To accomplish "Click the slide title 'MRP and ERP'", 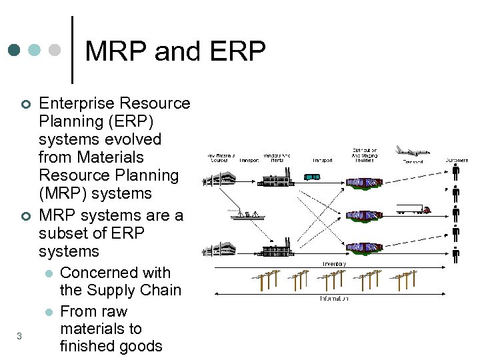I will [x=175, y=51].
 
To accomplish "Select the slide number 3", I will [x=19, y=336].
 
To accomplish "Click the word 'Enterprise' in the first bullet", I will [x=78, y=103].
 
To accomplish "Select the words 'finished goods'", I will [x=111, y=346].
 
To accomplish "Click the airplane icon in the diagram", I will [x=411, y=151].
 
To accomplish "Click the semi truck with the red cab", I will [x=414, y=209].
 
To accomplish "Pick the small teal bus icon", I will [x=311, y=177].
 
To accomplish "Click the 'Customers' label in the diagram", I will [x=456, y=161].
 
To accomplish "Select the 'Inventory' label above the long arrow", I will [x=334, y=264].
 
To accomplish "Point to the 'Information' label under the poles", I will [x=333, y=299].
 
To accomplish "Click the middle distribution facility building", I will [x=364, y=215].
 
